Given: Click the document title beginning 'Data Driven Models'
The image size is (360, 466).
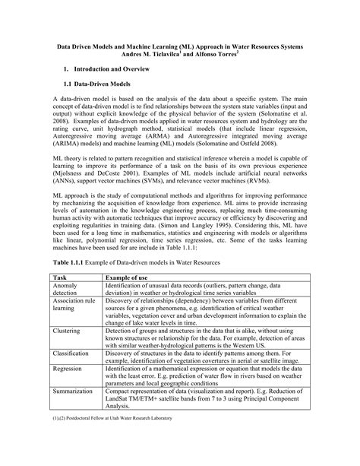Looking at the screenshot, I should (179, 47).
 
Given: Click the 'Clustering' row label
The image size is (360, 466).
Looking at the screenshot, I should (68, 331).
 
